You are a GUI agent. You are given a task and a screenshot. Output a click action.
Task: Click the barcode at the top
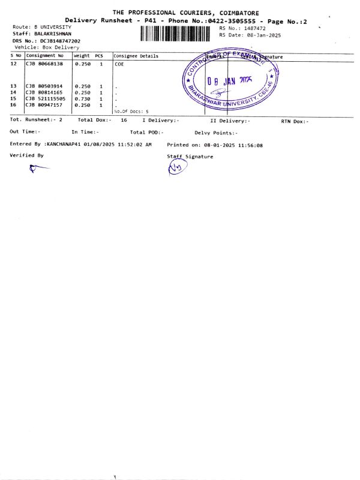coord(175,34)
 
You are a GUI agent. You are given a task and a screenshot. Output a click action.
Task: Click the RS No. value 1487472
coord(254,28)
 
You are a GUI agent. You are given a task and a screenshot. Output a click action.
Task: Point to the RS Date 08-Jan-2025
coord(256,35)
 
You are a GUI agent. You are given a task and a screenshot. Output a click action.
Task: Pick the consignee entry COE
coord(119,64)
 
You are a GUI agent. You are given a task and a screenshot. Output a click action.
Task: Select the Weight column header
coord(82,56)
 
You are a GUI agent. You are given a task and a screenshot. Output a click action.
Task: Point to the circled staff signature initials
coord(176,169)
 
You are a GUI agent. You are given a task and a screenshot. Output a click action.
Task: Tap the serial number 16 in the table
coord(14,105)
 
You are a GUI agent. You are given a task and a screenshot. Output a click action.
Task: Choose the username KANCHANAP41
coord(63,145)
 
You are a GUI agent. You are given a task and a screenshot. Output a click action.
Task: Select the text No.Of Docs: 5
coord(131,111)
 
